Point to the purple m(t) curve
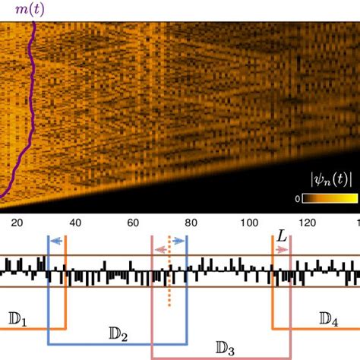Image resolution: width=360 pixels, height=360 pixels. (x=29, y=114)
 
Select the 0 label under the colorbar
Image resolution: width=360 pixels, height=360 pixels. (x=298, y=200)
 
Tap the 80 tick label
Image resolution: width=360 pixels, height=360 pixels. (x=191, y=223)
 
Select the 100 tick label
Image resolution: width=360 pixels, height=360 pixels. (x=248, y=223)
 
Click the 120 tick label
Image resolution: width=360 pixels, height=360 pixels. (x=306, y=223)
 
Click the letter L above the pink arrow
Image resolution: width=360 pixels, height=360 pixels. (x=282, y=236)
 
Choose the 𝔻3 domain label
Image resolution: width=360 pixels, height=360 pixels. (x=225, y=348)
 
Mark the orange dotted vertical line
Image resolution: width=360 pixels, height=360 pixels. (x=169, y=285)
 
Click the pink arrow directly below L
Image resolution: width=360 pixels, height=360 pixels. (x=282, y=249)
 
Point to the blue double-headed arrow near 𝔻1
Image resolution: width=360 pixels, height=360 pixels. (x=57, y=241)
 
